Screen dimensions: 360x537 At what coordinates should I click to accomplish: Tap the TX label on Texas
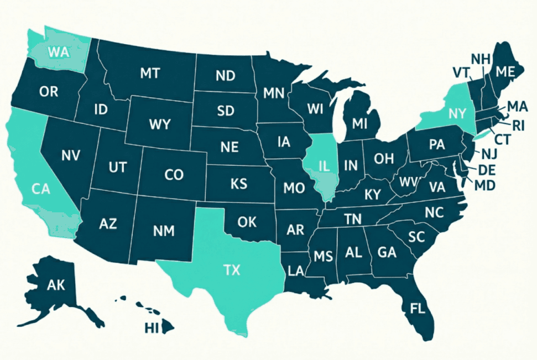pos(233,270)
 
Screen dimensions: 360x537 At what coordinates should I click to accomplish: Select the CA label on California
pos(41,189)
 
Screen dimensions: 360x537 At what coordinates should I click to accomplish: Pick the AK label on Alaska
pos(56,285)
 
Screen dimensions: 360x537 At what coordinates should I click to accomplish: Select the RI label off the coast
pos(518,126)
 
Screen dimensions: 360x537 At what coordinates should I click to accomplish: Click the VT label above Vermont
pos(461,73)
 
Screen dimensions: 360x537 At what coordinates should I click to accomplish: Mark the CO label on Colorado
pos(174,175)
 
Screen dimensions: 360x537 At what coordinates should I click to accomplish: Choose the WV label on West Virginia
pos(408,182)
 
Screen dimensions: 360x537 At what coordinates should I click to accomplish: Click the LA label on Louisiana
pos(296,270)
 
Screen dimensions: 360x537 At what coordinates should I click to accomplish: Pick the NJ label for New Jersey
pos(489,154)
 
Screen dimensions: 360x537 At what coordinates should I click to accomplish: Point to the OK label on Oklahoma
pos(247,222)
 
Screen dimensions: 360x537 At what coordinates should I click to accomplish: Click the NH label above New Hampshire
pos(479,59)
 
